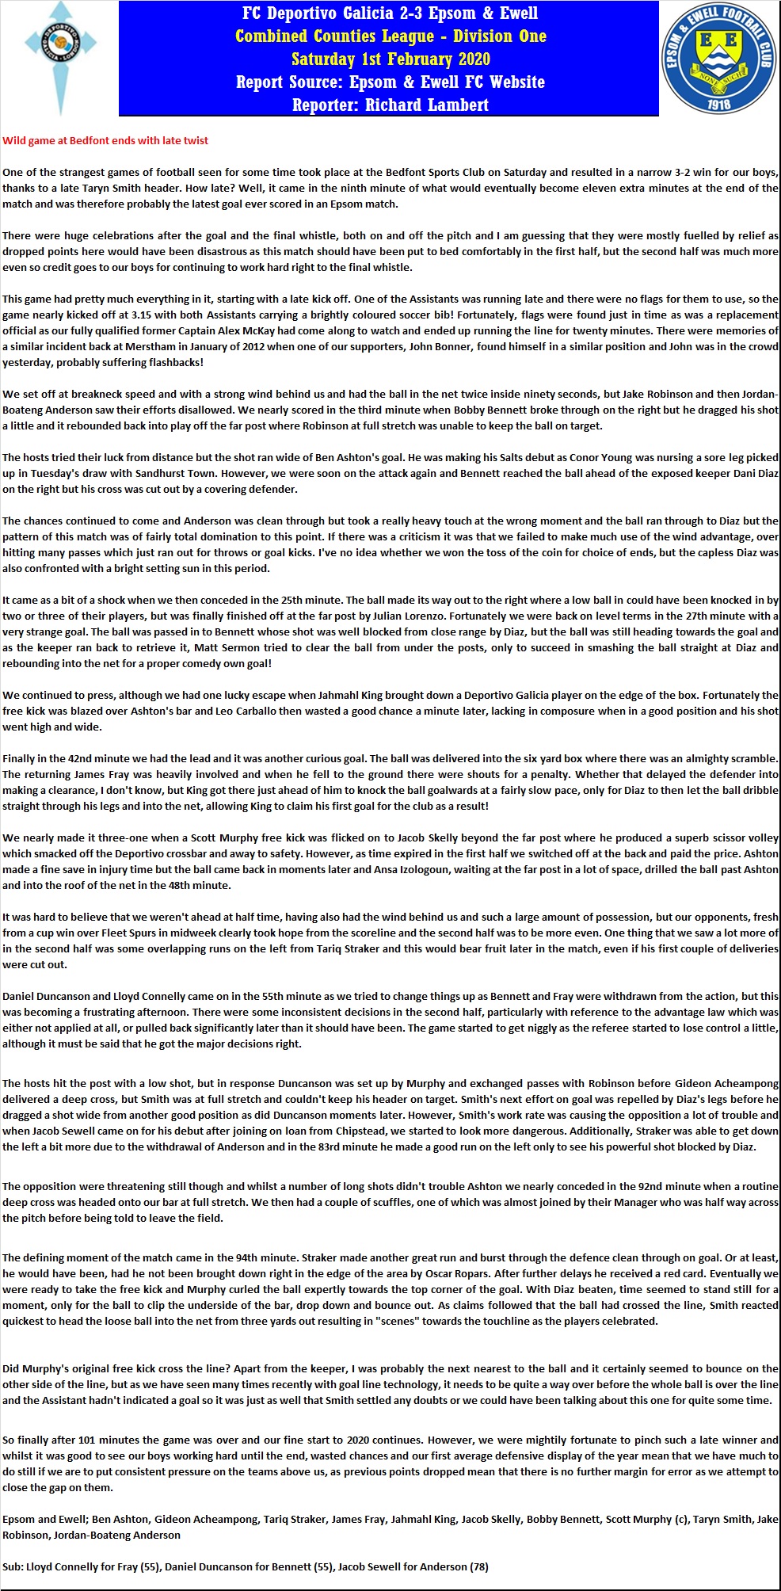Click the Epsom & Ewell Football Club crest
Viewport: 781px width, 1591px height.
click(718, 58)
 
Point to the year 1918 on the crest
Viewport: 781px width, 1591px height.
click(719, 104)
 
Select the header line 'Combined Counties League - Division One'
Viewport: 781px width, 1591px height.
click(390, 36)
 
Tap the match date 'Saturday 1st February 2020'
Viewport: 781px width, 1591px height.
click(390, 59)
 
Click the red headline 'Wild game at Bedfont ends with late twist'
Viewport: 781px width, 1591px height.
click(105, 140)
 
